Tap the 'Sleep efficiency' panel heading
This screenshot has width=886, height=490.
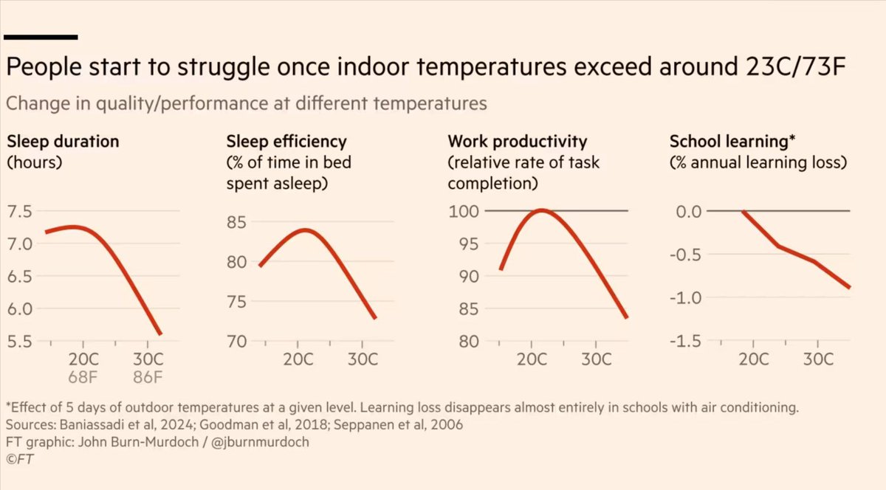click(x=286, y=141)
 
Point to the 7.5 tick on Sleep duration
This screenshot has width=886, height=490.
click(x=19, y=212)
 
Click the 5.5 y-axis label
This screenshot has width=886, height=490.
click(x=19, y=342)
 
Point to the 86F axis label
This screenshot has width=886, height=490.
click(x=148, y=379)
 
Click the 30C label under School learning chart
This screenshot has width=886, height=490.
click(x=818, y=361)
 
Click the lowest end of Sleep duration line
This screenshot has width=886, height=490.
click(x=160, y=334)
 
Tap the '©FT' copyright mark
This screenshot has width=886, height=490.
click(x=19, y=459)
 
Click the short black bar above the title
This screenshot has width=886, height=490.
click(x=41, y=35)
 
